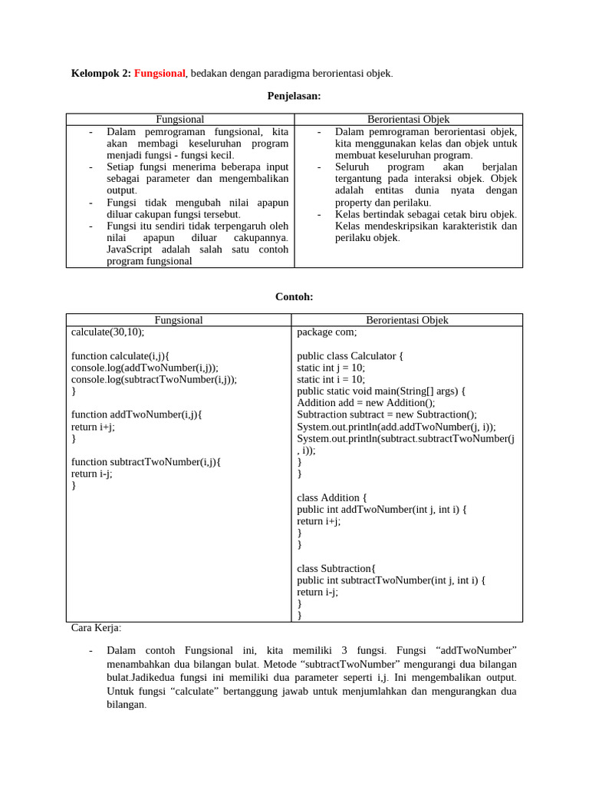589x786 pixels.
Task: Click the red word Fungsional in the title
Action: click(160, 74)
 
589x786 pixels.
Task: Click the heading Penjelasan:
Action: click(294, 96)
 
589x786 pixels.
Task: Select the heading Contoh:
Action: click(294, 297)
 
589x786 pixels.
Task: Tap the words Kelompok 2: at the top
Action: click(101, 74)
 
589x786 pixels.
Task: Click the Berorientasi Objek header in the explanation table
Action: click(408, 120)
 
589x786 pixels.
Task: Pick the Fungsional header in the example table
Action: click(179, 320)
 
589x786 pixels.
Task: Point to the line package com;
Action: click(327, 332)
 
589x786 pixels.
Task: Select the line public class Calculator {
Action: click(350, 356)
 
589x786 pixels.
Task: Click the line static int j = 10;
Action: click(331, 368)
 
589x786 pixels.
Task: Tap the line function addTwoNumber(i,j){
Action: click(136, 414)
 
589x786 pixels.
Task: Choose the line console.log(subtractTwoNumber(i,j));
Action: click(154, 379)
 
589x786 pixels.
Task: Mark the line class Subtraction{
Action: click(337, 568)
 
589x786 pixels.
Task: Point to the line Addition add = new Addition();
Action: click(366, 403)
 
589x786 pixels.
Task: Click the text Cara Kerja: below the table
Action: click(96, 628)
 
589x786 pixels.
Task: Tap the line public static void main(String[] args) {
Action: click(381, 391)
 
